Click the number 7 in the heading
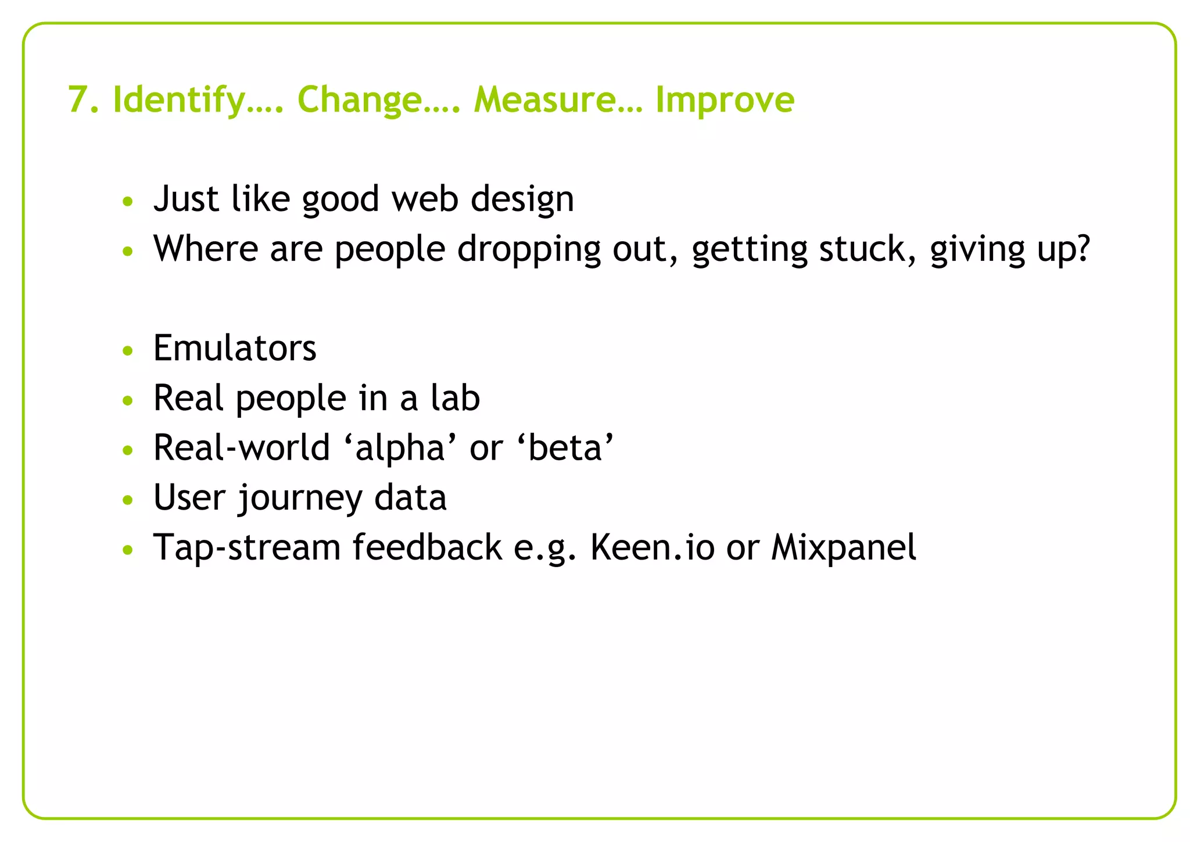pos(78,100)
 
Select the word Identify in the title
pos(178,100)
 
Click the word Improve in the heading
pos(725,100)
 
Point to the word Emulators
pos(235,349)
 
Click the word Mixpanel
pos(843,548)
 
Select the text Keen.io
pos(652,548)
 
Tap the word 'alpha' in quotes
pos(400,449)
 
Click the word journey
pos(299,499)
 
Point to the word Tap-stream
pos(246,548)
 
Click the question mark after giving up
pos(1082,249)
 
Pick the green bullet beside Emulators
pos(128,351)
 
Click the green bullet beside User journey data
pos(128,500)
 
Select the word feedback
pos(427,548)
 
